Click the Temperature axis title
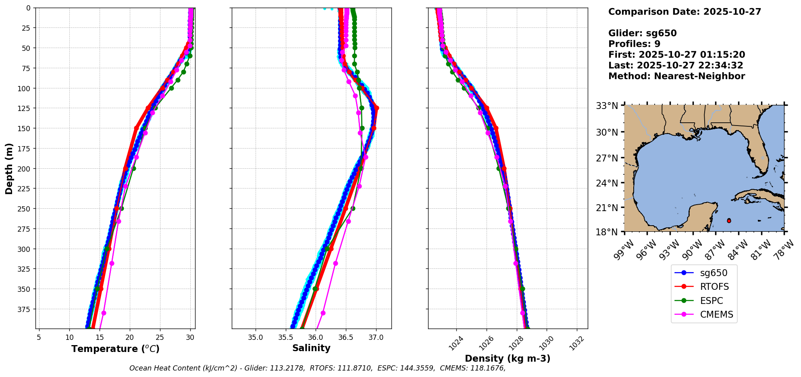coord(115,349)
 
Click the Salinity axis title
coord(311,348)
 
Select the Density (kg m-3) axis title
coord(508,358)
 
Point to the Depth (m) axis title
coord(9,168)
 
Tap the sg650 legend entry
coord(714,273)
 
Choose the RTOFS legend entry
coord(714,287)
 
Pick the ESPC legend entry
coord(711,301)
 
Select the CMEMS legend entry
coord(716,315)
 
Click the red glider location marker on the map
coord(729,221)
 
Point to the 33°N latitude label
coord(607,106)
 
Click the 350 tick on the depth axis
coord(24,289)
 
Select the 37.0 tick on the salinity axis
coord(376,337)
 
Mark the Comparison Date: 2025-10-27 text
coord(684,12)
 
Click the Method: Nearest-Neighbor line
coord(676,76)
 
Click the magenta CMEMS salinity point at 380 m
coord(323,313)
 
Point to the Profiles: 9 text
coord(634,44)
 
